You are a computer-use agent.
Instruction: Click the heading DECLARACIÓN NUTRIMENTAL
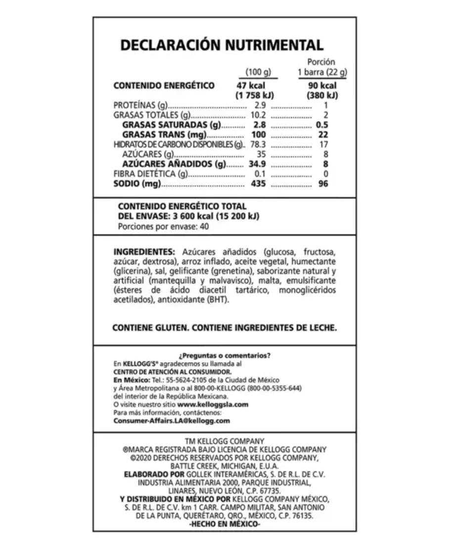point(222,45)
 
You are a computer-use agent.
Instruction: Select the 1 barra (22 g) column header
point(321,73)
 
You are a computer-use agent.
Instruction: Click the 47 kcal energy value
point(253,86)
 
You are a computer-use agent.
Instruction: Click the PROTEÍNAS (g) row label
point(141,105)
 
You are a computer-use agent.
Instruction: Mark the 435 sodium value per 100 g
point(258,184)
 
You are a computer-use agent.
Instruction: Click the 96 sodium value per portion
point(323,184)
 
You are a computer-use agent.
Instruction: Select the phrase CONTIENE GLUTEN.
point(150,328)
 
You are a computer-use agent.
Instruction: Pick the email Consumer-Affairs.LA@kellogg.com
point(172,420)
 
